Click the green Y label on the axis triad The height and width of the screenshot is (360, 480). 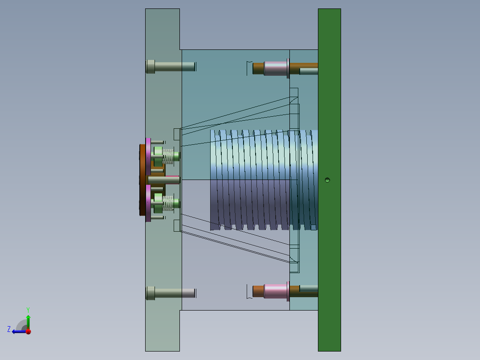28,309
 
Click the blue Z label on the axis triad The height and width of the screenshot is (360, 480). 9,329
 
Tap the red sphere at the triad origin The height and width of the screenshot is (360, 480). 28,331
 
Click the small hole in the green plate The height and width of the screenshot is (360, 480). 327,180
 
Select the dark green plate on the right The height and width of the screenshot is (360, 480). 329,111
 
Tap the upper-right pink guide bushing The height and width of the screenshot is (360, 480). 276,68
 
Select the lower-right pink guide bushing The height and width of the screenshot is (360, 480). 276,291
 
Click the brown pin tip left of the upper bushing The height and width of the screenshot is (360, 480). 258,68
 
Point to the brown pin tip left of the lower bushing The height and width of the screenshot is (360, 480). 258,291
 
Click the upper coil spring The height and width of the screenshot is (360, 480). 168,155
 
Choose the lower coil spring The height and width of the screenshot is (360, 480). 168,204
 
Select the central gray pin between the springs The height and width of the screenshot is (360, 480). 163,180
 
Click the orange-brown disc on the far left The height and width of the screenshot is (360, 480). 142,180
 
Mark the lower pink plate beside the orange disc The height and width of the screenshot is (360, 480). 148,203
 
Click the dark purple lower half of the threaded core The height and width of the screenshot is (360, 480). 249,205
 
